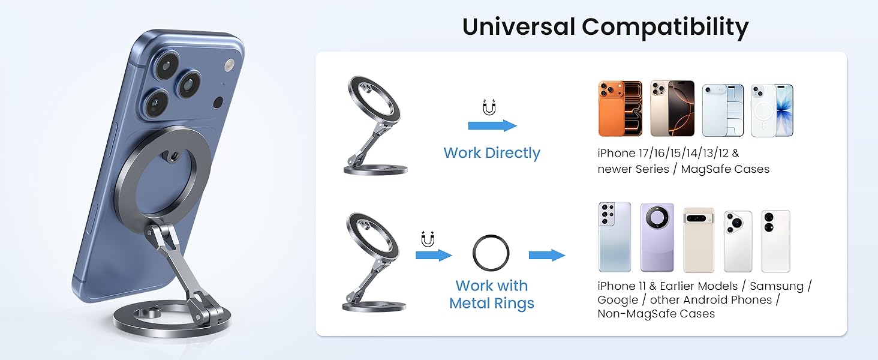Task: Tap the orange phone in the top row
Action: [x=620, y=109]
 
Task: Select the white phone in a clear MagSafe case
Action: [x=772, y=110]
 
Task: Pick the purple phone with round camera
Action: [x=657, y=237]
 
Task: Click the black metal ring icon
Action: [x=491, y=253]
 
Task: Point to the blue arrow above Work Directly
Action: [x=492, y=125]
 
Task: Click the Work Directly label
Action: [x=492, y=153]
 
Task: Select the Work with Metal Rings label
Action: [x=492, y=294]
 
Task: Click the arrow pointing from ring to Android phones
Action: [x=546, y=256]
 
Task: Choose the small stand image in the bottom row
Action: [x=374, y=262]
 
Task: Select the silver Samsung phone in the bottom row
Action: [x=615, y=237]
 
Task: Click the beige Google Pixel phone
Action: [x=699, y=239]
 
